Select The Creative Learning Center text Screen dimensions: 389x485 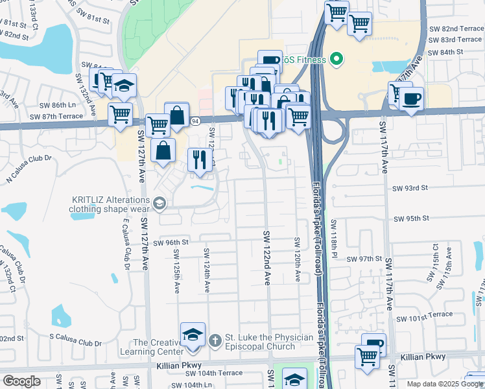pos(159,347)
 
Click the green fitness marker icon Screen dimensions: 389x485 pos(336,61)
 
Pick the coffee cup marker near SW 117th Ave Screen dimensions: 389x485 pos(410,99)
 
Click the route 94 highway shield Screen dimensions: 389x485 pos(195,121)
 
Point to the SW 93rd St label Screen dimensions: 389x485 pos(411,188)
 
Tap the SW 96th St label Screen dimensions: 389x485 pos(172,242)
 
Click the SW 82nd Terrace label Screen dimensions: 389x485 pos(456,29)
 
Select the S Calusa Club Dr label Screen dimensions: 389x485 pos(76,343)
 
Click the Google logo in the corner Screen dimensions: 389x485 pos(21,381)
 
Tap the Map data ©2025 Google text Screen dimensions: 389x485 pos(445,384)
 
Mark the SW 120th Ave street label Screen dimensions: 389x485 pos(298,259)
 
